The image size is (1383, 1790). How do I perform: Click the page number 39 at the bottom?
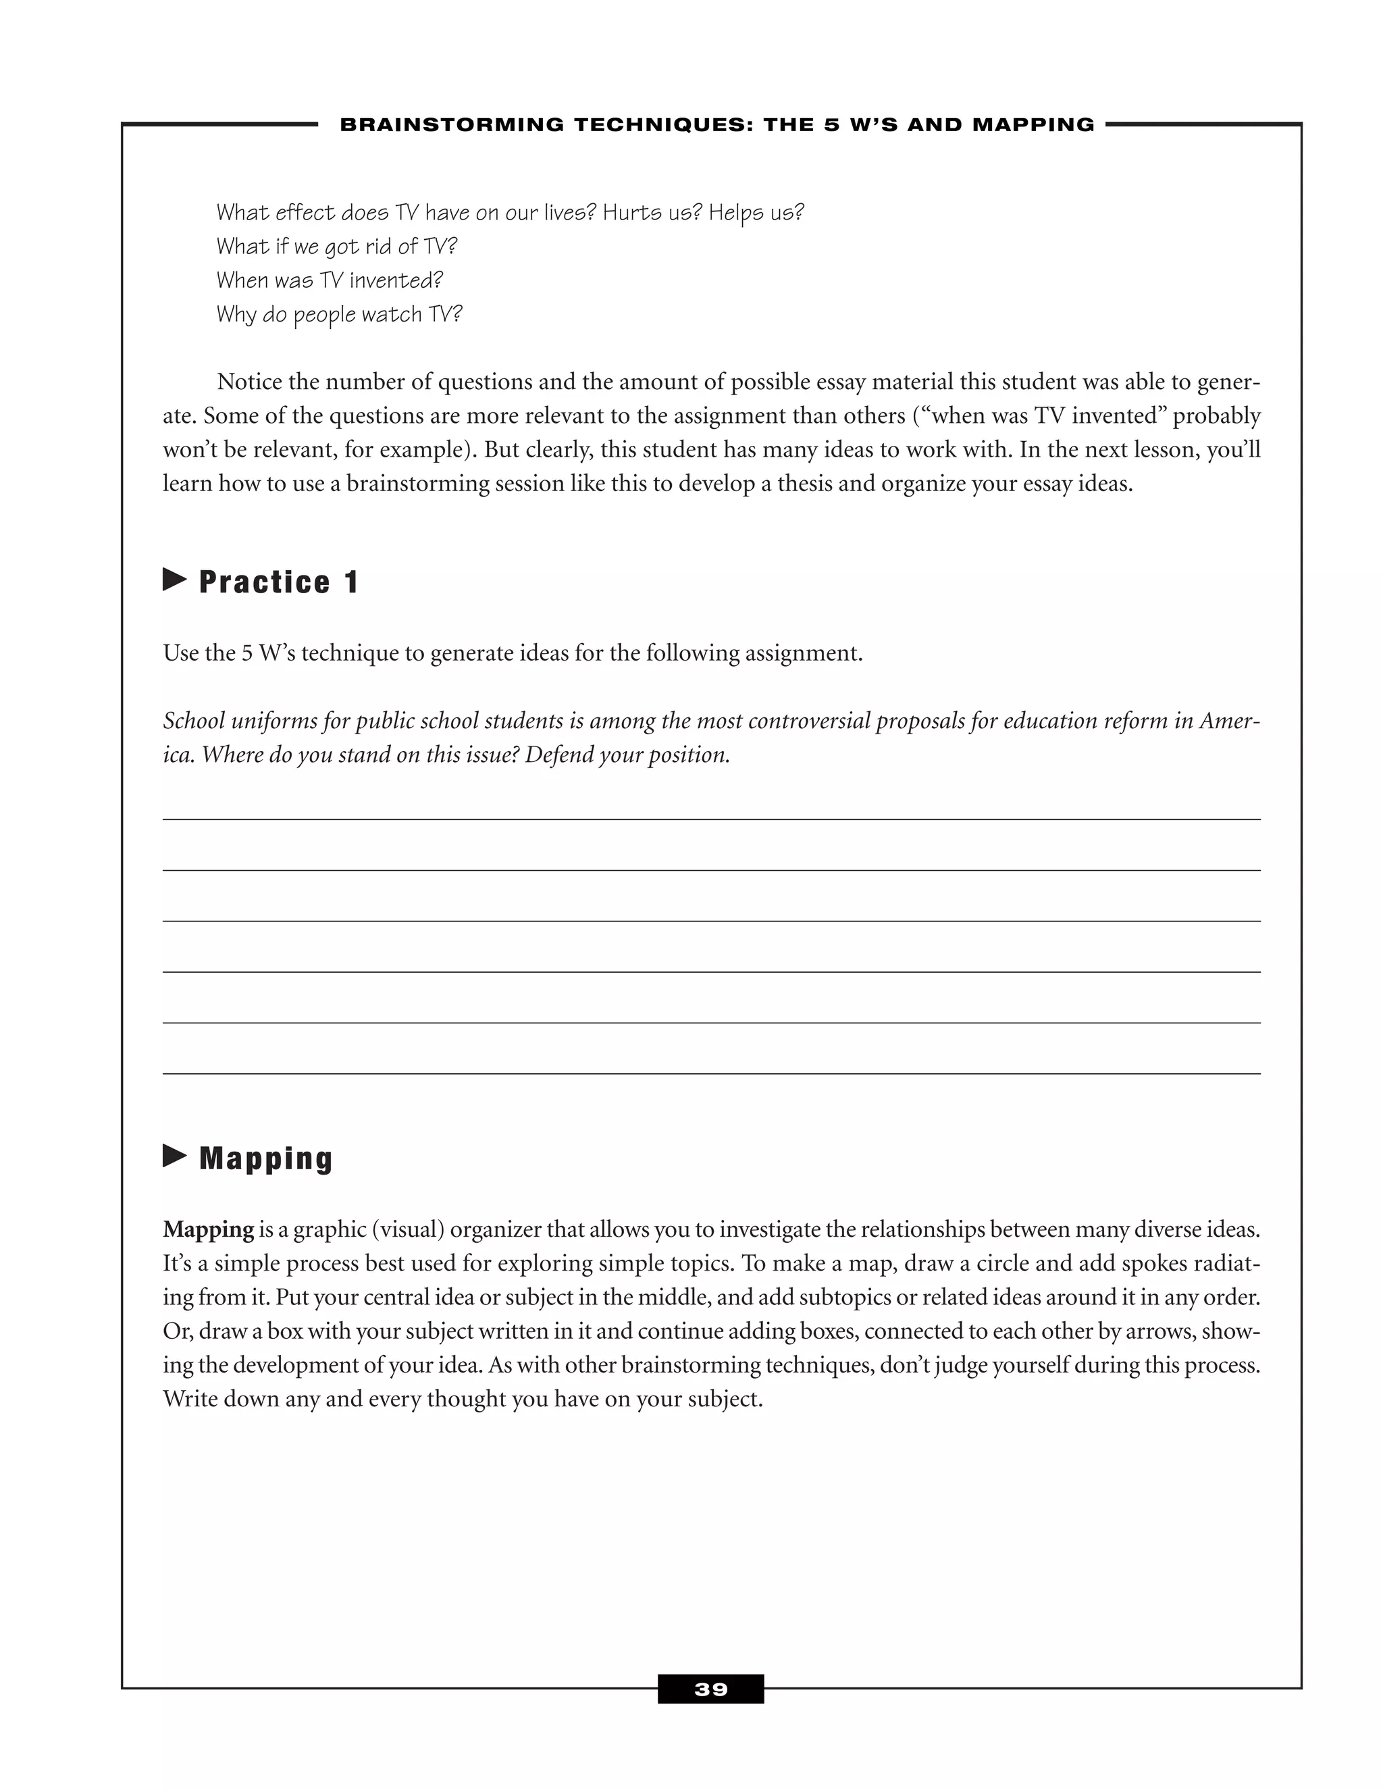[x=710, y=1689]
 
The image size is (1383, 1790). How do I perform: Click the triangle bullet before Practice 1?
[x=174, y=580]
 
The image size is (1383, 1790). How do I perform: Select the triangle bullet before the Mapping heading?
[x=174, y=1156]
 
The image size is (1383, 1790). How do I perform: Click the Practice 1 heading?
[x=279, y=582]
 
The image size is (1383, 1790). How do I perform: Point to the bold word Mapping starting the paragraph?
[x=208, y=1229]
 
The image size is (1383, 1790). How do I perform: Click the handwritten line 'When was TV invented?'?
[x=330, y=280]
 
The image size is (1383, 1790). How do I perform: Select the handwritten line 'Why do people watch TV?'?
[x=339, y=315]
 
